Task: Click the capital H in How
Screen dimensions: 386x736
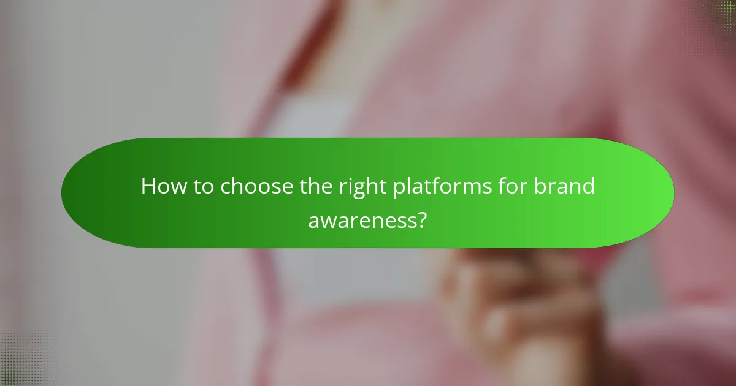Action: tap(148, 186)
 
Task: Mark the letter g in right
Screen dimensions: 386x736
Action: tap(358, 189)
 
